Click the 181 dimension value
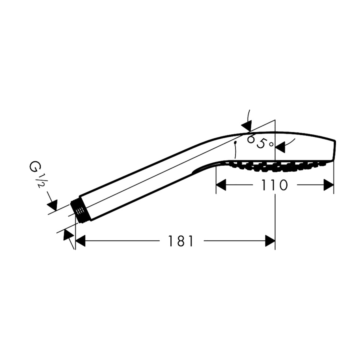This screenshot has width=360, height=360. point(181,241)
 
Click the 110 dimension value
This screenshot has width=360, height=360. point(274,185)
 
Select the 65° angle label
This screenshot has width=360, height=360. point(260,142)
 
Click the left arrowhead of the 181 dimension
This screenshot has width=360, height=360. point(80,241)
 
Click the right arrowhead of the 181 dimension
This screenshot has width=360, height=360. point(270,241)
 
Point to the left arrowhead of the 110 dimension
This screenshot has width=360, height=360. point(221,185)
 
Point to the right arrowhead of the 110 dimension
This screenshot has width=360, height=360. point(328,185)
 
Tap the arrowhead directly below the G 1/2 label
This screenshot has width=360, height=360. point(52,205)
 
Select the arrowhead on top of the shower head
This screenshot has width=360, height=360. point(247,126)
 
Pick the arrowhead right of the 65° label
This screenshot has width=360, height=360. point(280,147)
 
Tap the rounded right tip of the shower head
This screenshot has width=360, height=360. point(334,151)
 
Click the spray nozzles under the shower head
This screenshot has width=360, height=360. point(276,166)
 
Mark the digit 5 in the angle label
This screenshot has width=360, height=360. point(261,144)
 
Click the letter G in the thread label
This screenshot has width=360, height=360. point(33,166)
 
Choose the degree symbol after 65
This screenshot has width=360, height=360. point(271,144)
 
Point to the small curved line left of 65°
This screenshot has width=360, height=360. point(235,150)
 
